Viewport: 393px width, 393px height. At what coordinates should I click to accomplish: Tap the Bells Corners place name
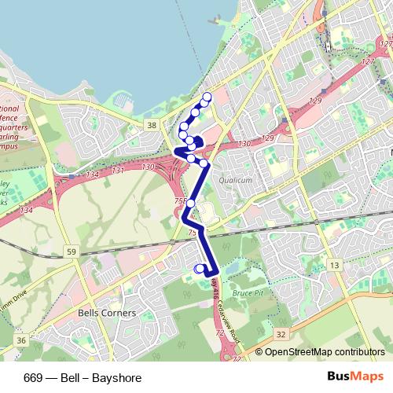[108, 312]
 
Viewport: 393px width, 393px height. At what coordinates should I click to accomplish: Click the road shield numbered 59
[72, 252]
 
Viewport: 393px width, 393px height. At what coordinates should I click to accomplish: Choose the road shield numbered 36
[21, 340]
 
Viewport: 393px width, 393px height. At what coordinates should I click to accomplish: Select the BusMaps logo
[354, 376]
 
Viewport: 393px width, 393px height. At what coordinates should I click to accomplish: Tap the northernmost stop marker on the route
[207, 97]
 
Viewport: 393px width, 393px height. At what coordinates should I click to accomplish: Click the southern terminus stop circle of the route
[198, 269]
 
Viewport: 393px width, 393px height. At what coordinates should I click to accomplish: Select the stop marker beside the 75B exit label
[190, 203]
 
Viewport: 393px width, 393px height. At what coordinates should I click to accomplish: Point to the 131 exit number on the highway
[118, 171]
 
